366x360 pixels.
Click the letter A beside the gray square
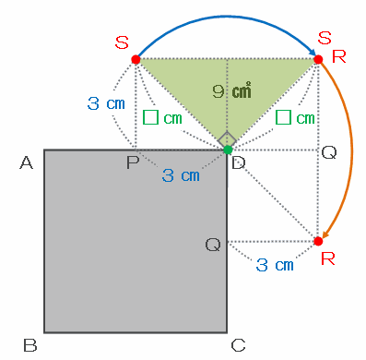(26, 162)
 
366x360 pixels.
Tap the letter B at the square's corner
(30, 345)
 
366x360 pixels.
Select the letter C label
(238, 345)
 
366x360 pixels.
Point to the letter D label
(239, 162)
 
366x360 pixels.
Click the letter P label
(133, 162)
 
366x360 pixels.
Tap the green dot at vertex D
(228, 150)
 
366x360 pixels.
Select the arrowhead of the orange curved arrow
(325, 234)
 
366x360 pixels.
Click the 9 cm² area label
(231, 91)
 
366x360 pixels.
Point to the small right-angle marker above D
(227, 139)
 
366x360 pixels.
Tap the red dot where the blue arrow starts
(136, 59)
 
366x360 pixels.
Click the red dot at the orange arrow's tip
(318, 241)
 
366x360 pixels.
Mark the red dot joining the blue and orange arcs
(318, 59)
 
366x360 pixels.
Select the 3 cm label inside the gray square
(181, 175)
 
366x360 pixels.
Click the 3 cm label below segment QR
(275, 265)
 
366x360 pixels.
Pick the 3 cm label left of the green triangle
(106, 103)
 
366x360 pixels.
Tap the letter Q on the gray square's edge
(213, 246)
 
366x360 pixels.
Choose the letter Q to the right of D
(329, 152)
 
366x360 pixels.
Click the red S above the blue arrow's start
(122, 42)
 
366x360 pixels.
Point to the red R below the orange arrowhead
(327, 258)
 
